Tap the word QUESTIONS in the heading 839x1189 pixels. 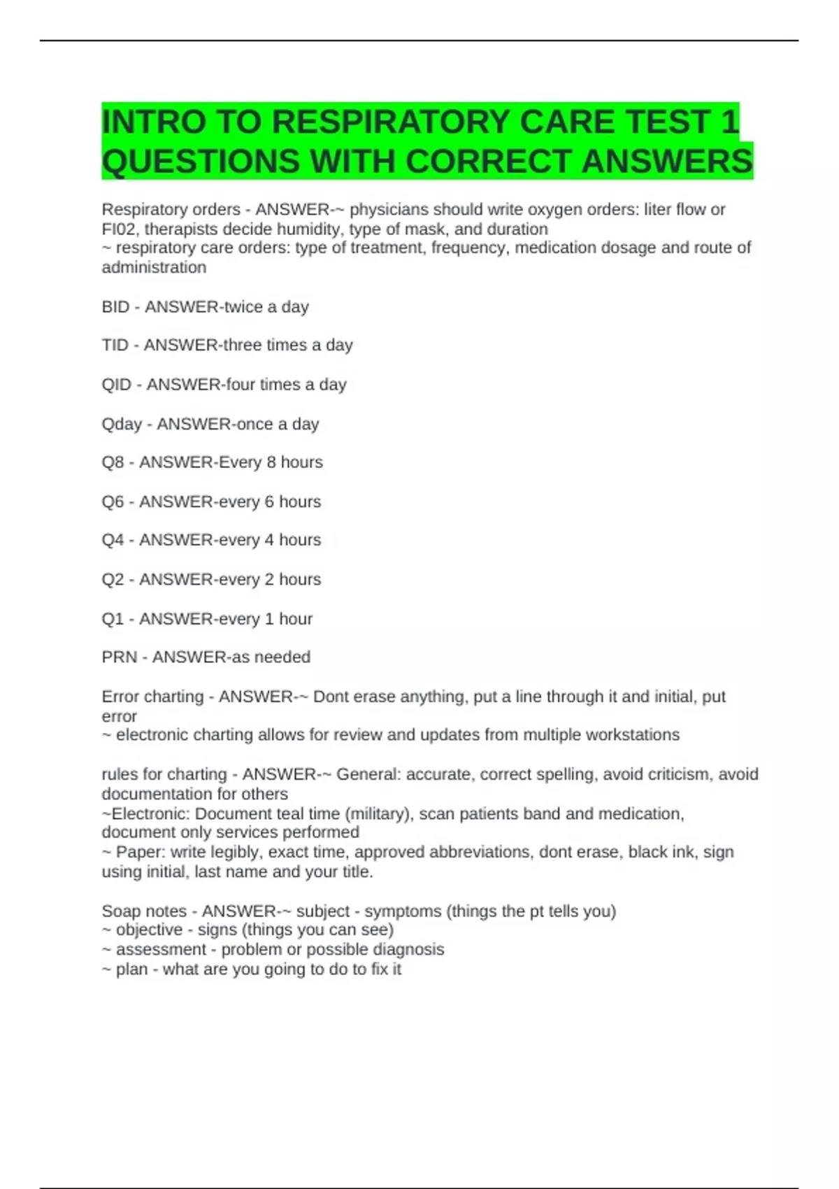tap(201, 162)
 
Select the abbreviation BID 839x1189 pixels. tap(115, 307)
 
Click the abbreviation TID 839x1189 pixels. tap(115, 346)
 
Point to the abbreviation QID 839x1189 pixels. tap(117, 385)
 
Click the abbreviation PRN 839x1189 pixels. tap(119, 657)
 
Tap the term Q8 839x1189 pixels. tap(113, 462)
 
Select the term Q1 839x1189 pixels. tap(113, 619)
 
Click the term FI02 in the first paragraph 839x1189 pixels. tap(120, 229)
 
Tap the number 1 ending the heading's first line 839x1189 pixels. tap(729, 122)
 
